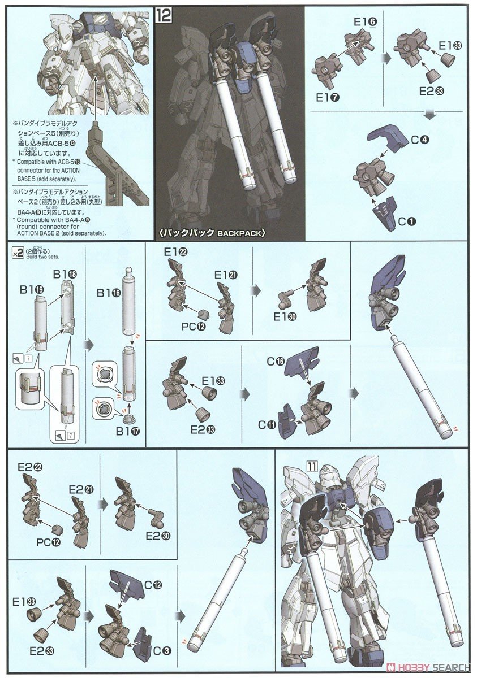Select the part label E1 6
(366, 23)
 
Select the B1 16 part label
(108, 293)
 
